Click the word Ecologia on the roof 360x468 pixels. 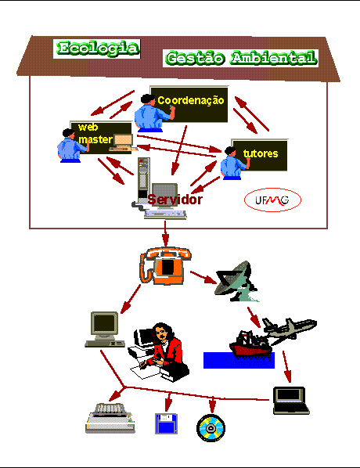pyautogui.click(x=98, y=49)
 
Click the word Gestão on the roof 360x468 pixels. pyautogui.click(x=195, y=58)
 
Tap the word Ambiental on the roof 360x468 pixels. pyautogui.click(x=273, y=58)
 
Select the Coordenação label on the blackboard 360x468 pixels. pyautogui.click(x=191, y=101)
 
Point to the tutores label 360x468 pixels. pyautogui.click(x=261, y=153)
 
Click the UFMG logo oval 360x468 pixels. pyautogui.click(x=272, y=200)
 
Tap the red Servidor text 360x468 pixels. pyautogui.click(x=175, y=200)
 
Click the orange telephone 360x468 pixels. pyautogui.click(x=165, y=265)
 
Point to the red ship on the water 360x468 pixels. pyautogui.click(x=250, y=344)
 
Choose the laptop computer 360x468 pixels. pyautogui.click(x=291, y=400)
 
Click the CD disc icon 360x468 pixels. pyautogui.click(x=211, y=428)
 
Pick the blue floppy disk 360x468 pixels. pyautogui.click(x=166, y=423)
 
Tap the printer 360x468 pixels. pyautogui.click(x=110, y=418)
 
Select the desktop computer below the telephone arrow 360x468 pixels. pyautogui.click(x=105, y=329)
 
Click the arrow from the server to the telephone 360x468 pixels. pyautogui.click(x=165, y=234)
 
